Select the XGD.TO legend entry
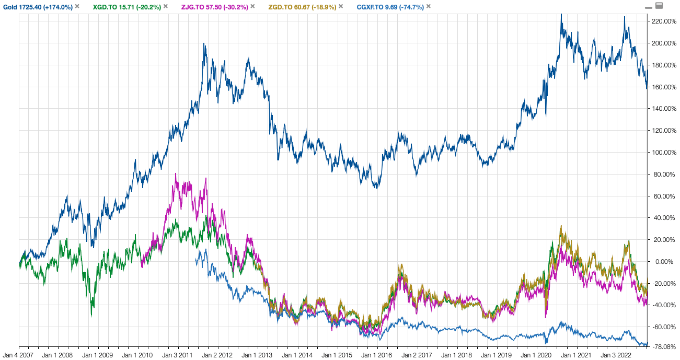[127, 7]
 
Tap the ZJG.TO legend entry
[214, 7]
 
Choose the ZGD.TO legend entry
[302, 7]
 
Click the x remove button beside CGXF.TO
[429, 6]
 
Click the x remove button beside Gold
[77, 6]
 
